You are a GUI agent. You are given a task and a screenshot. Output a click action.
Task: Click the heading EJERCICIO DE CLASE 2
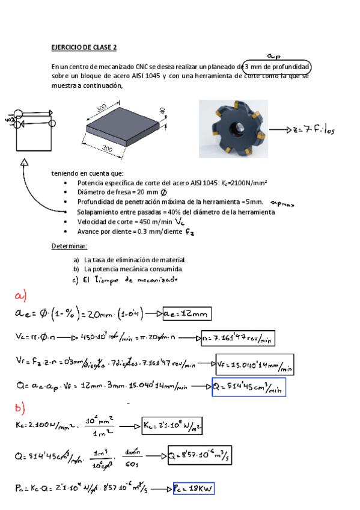point(84,47)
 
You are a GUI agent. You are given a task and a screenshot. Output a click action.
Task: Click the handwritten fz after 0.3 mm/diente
point(190,232)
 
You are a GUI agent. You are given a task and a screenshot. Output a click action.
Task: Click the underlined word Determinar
point(69,247)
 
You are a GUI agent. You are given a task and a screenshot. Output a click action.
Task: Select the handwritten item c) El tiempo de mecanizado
point(124,280)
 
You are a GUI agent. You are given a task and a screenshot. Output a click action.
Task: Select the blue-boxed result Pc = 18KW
point(194,489)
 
